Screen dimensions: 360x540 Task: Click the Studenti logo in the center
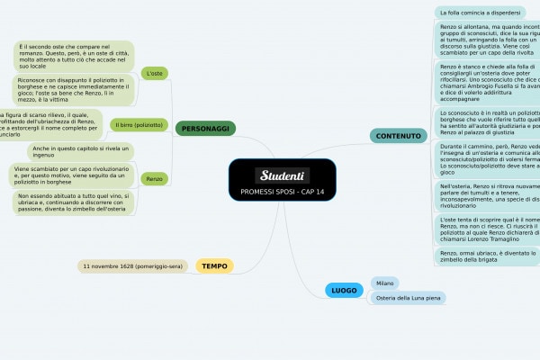point(283,175)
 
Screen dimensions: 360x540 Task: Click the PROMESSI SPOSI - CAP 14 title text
point(283,193)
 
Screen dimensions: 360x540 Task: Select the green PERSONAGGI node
point(205,130)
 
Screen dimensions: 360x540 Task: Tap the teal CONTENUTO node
point(398,136)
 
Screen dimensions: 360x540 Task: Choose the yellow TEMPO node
point(214,265)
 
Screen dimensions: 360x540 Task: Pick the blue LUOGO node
point(344,291)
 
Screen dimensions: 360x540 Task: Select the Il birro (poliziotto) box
point(139,124)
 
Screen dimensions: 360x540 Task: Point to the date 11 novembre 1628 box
point(134,266)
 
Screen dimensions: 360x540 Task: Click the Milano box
point(386,283)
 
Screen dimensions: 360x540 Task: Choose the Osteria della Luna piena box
point(409,298)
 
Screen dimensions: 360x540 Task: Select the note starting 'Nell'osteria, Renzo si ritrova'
point(487,195)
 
